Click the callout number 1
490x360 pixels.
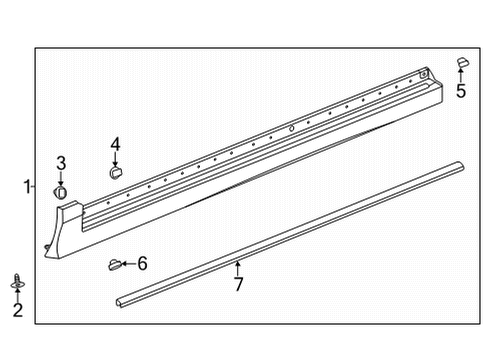(x=28, y=186)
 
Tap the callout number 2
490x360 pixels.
(x=17, y=311)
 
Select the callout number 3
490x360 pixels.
(x=61, y=163)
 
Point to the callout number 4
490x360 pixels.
(x=115, y=144)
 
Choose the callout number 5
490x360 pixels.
(x=461, y=92)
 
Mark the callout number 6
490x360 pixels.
(x=142, y=264)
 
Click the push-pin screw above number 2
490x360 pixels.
(x=17, y=281)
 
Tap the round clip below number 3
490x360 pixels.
(x=61, y=189)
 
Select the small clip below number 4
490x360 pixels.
(x=114, y=172)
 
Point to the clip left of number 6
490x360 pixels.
(x=114, y=265)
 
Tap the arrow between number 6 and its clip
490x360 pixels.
(x=128, y=264)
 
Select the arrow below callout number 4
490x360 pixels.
(x=115, y=159)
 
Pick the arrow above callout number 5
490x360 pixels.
(x=462, y=76)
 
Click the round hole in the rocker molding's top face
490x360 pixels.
(x=289, y=129)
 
